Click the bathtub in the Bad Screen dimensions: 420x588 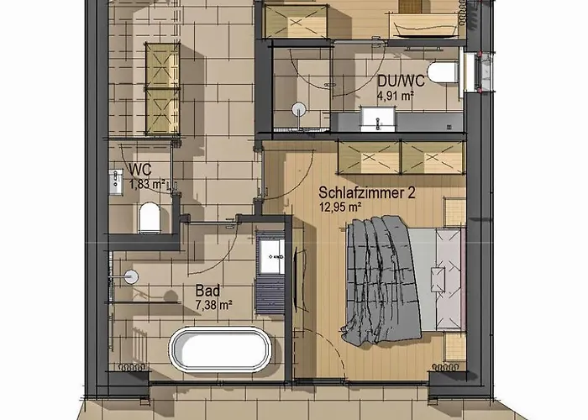tap(221, 348)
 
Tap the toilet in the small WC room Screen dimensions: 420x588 tap(150, 218)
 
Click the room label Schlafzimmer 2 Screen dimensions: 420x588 tap(366, 192)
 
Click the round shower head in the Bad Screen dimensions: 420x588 tap(130, 275)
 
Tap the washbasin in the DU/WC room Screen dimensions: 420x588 tap(374, 117)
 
